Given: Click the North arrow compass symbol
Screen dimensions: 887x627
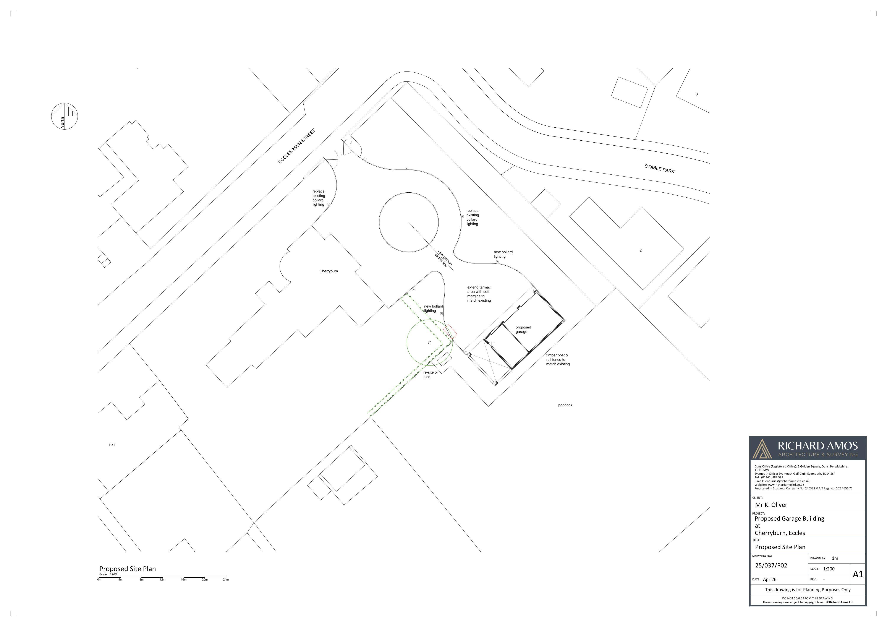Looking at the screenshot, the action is (65, 116).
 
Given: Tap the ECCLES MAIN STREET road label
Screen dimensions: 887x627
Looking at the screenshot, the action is (297, 146).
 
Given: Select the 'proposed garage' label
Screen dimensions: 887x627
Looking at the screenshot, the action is (523, 329).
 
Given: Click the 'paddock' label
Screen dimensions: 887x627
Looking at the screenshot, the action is (565, 405).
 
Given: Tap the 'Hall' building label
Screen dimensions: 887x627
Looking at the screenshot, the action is (112, 445).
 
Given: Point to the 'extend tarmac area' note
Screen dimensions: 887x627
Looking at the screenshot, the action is (479, 294).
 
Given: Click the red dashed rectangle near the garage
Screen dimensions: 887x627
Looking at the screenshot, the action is (450, 332).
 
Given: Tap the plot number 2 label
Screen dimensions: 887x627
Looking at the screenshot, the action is (641, 250).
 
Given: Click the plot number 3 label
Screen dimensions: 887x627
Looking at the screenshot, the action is (697, 94).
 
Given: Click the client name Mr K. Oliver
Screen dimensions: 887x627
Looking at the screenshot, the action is (771, 505).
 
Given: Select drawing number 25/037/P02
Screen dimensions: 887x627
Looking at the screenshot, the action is (771, 565).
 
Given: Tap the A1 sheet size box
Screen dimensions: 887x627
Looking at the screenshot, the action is (858, 574).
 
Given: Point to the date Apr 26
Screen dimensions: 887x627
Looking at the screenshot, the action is (770, 580).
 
